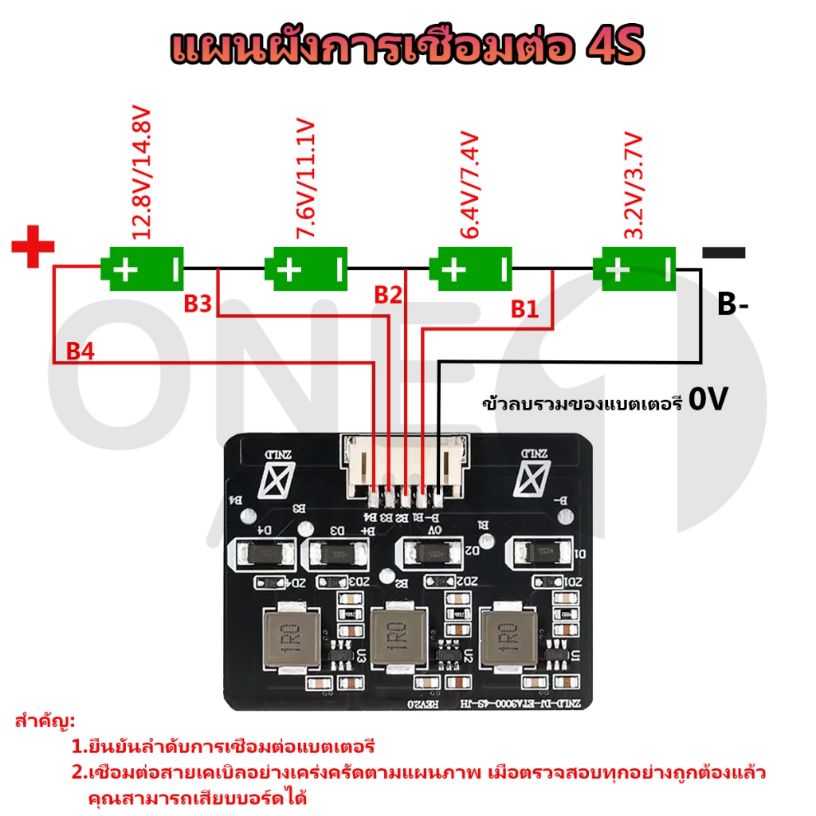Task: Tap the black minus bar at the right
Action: pyautogui.click(x=724, y=253)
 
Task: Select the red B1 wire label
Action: pyautogui.click(x=524, y=308)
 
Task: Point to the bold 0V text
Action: pyautogui.click(x=708, y=400)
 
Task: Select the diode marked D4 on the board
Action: pyautogui.click(x=264, y=551)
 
